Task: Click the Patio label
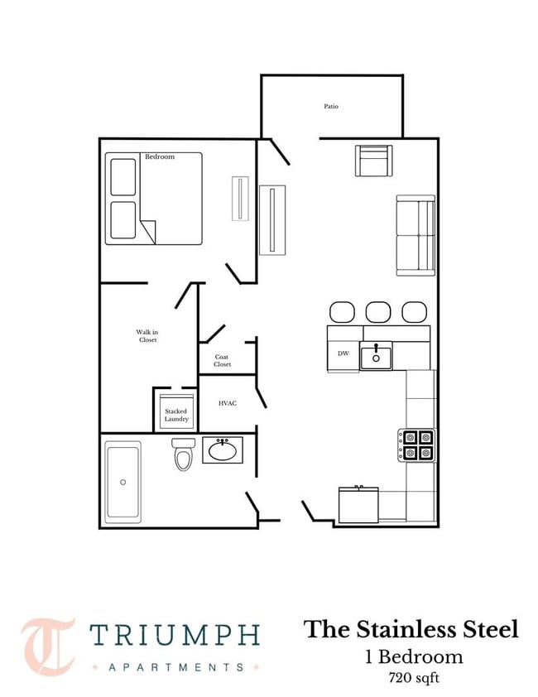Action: [331, 106]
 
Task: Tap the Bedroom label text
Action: [160, 156]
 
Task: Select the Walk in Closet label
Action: [147, 335]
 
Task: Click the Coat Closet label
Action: [222, 360]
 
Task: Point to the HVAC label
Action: [228, 403]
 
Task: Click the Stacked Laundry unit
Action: [176, 411]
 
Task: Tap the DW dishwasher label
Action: [343, 353]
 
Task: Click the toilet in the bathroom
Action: [183, 454]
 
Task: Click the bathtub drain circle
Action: [122, 482]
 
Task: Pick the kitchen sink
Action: [376, 356]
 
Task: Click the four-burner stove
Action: [416, 445]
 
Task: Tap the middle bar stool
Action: [378, 312]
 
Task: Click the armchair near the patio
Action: [373, 161]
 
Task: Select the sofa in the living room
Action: [416, 236]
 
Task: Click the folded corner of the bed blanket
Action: [148, 231]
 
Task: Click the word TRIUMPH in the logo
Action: [175, 635]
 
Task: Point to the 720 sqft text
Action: [414, 678]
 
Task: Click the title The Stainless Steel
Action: [411, 629]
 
